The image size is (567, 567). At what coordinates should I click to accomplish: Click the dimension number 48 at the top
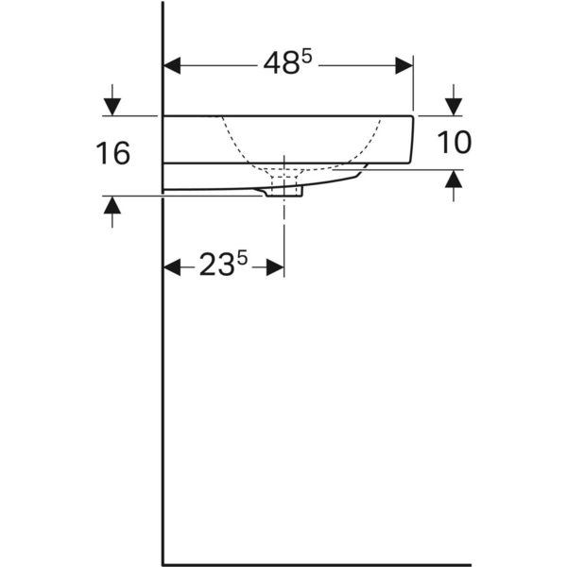(281, 65)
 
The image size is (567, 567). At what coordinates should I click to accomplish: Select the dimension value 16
(113, 152)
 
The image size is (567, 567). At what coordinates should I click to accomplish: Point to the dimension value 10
(454, 143)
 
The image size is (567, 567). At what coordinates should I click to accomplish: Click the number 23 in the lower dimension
(215, 267)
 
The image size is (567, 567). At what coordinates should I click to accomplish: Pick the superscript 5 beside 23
(242, 259)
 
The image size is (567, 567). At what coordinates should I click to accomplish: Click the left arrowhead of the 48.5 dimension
(173, 65)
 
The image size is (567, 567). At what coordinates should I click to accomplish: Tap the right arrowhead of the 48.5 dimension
(404, 65)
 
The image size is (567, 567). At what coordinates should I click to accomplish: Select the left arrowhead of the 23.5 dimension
(173, 267)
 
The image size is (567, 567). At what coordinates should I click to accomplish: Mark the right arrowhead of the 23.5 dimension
(275, 267)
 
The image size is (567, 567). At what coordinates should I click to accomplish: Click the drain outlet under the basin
(284, 192)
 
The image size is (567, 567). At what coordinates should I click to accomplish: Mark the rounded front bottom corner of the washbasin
(408, 159)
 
